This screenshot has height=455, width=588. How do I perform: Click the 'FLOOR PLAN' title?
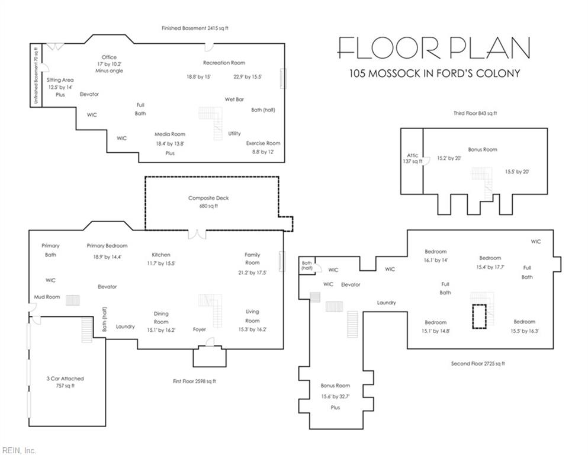pyautogui.click(x=434, y=47)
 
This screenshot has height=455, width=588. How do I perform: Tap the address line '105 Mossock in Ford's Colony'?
pyautogui.click(x=435, y=73)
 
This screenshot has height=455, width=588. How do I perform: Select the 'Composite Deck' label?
pyautogui.click(x=208, y=198)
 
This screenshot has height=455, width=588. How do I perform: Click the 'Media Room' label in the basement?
pyautogui.click(x=170, y=134)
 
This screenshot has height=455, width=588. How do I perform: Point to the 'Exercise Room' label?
pyautogui.click(x=264, y=143)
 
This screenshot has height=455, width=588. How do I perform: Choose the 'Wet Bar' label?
pyautogui.click(x=234, y=100)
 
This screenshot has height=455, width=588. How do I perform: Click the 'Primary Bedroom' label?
pyautogui.click(x=107, y=246)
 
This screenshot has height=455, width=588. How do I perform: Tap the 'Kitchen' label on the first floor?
pyautogui.click(x=161, y=255)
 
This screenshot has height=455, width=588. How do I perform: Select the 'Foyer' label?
pyautogui.click(x=200, y=329)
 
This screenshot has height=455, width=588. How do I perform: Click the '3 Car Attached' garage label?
pyautogui.click(x=65, y=379)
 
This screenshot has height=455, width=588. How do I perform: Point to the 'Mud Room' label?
pyautogui.click(x=47, y=297)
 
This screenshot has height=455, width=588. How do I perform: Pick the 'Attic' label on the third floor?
pyautogui.click(x=413, y=155)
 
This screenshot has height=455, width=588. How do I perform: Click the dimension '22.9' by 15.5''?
pyautogui.click(x=248, y=77)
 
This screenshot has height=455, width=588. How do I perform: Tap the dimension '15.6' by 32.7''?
pyautogui.click(x=335, y=396)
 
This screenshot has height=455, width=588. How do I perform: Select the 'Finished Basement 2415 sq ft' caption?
pyautogui.click(x=195, y=28)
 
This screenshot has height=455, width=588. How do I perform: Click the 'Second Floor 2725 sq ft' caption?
pyautogui.click(x=478, y=364)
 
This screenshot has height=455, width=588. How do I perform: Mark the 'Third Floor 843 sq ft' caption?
pyautogui.click(x=475, y=113)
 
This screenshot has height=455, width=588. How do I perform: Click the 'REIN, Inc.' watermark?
pyautogui.click(x=19, y=450)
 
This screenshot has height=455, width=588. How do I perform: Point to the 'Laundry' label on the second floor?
pyautogui.click(x=387, y=303)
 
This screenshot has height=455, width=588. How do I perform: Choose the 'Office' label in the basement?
pyautogui.click(x=109, y=57)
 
